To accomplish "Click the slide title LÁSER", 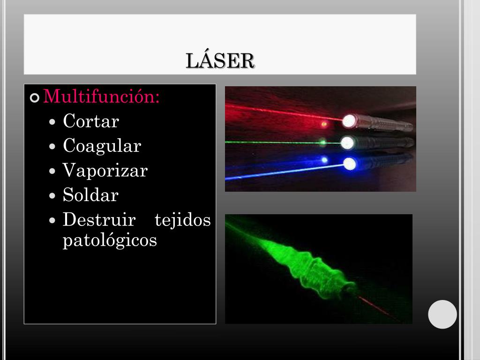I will tap(220, 61).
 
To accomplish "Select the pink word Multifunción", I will tap(101, 97).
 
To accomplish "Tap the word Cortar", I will tap(91, 121).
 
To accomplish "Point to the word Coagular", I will tap(102, 146).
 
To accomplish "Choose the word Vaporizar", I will tap(105, 171).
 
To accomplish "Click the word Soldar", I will tap(90, 195).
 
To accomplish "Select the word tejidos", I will tap(182, 219).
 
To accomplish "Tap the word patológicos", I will tap(110, 240).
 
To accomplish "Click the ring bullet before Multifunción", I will tap(35, 98).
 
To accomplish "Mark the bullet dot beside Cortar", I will tap(53, 122).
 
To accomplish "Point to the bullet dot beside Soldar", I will tap(53, 196).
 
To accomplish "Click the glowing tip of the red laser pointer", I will tap(349, 121).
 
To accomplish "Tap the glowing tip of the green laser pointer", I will tap(347, 142).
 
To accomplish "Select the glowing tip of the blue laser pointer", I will tap(350, 164).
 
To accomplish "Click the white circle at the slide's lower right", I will tap(442, 314).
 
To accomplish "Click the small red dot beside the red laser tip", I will tap(323, 124).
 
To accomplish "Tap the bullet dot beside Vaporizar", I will tap(53, 172).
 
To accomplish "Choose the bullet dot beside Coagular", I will tap(53, 147).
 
